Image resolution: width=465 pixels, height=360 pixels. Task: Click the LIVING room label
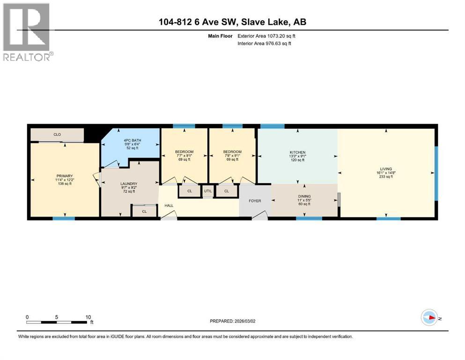[386, 169]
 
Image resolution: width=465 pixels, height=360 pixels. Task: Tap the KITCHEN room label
[297, 152]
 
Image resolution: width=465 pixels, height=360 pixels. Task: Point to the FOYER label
[255, 201]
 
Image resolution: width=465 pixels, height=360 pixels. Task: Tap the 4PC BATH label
[133, 140]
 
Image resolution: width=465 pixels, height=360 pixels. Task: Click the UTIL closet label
[207, 191]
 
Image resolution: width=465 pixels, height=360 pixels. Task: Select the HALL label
[168, 205]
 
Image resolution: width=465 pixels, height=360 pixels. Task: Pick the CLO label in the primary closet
[57, 135]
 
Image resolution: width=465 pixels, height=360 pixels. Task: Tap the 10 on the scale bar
[88, 317]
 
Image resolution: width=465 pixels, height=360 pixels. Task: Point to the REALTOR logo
[27, 33]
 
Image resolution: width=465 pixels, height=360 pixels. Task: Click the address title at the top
[232, 22]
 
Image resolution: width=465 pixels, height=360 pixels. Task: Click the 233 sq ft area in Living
[386, 176]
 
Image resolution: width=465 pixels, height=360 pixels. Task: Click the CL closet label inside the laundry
[144, 211]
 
